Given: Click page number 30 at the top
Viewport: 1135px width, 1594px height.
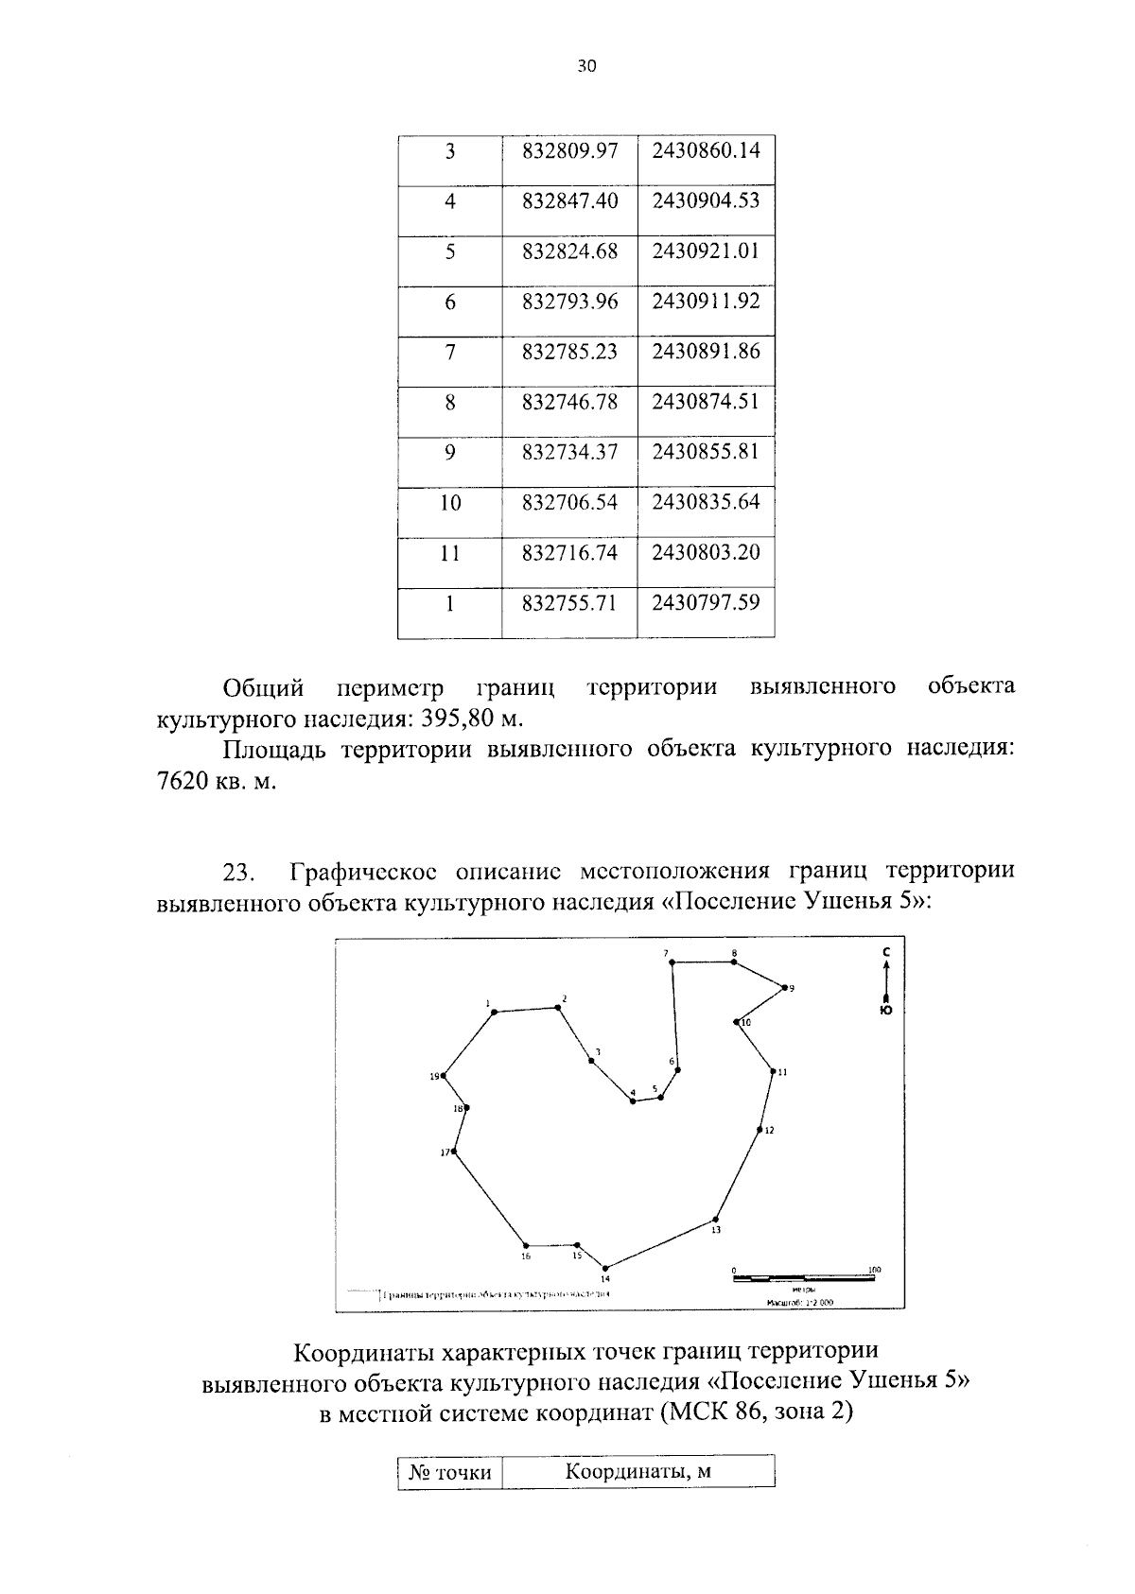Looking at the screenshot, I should [x=586, y=66].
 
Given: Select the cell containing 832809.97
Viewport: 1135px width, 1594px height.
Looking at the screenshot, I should [x=569, y=150].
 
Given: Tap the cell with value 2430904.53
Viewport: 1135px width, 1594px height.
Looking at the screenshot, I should [x=706, y=200].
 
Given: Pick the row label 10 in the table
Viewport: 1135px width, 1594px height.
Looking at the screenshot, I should [x=450, y=502].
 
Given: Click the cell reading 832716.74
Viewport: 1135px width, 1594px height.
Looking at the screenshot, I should [x=569, y=552].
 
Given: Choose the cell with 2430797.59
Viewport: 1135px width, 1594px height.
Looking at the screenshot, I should [x=706, y=602].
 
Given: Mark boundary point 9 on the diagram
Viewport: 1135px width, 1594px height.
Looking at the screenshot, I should [x=784, y=987].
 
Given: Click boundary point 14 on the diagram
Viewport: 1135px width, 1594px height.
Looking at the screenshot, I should [x=605, y=1268].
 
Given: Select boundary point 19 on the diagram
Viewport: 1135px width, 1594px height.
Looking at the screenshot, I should [x=444, y=1076].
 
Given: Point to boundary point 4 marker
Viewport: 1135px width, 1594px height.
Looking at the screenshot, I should [x=633, y=1101].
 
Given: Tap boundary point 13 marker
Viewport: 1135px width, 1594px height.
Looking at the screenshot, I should [x=715, y=1219].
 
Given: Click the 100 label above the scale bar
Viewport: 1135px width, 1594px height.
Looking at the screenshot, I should [x=874, y=1269].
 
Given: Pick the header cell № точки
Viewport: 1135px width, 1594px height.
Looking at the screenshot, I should [x=450, y=1472].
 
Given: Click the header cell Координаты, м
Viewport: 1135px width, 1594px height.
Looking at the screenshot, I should [x=637, y=1472].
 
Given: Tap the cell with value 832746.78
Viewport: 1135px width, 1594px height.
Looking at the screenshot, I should [x=569, y=402].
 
